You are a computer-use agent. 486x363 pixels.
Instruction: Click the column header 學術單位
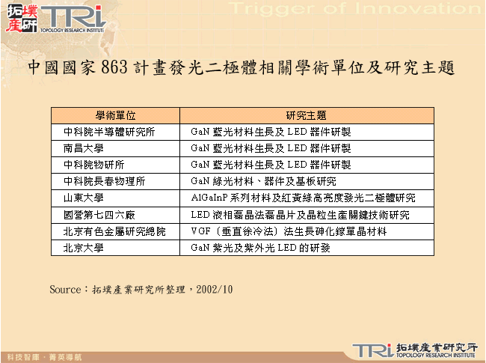pyautogui.click(x=115, y=115)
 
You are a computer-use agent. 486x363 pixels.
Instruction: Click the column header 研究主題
pyautogui.click(x=307, y=115)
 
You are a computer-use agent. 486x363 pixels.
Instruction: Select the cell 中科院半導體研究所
pyautogui.click(x=108, y=132)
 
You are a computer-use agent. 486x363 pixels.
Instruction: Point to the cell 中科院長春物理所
pyautogui.click(x=104, y=181)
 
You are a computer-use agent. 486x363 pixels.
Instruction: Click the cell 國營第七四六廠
pyautogui.click(x=99, y=215)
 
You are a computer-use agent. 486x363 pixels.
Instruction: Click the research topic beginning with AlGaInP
pyautogui.click(x=303, y=198)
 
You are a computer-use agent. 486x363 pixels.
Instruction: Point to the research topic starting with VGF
pyautogui.click(x=289, y=231)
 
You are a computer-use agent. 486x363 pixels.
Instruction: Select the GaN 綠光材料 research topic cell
pyautogui.click(x=263, y=181)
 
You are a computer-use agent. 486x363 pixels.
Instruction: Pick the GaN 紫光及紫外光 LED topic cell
pyautogui.click(x=260, y=248)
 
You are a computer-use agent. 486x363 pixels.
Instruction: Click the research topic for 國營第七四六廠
pyautogui.click(x=300, y=215)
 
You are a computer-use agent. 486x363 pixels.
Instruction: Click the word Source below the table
pyautogui.click(x=64, y=289)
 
